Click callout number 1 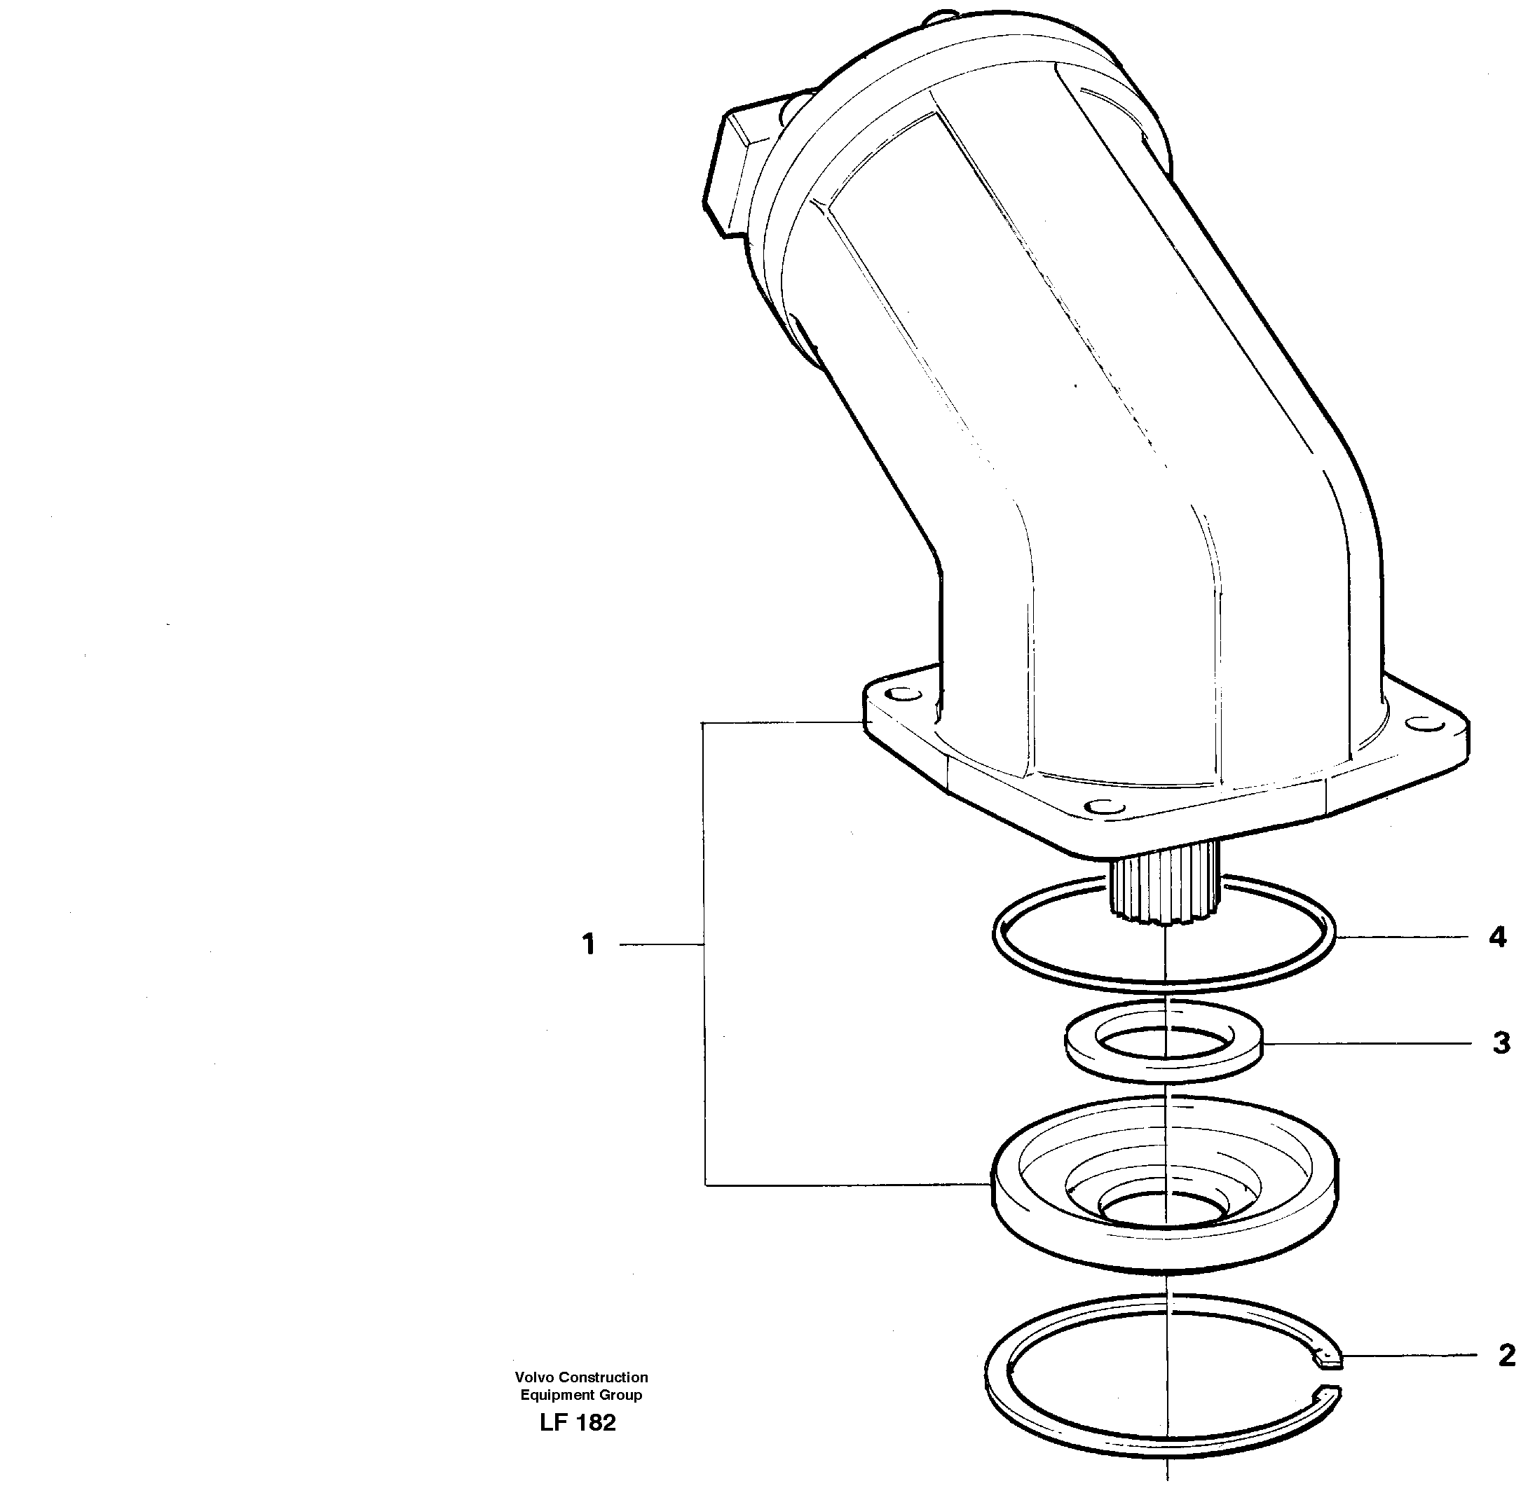pos(589,944)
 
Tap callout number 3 pos(1501,1043)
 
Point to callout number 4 pos(1497,937)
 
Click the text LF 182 pos(578,1423)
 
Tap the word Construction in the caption pos(603,1377)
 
